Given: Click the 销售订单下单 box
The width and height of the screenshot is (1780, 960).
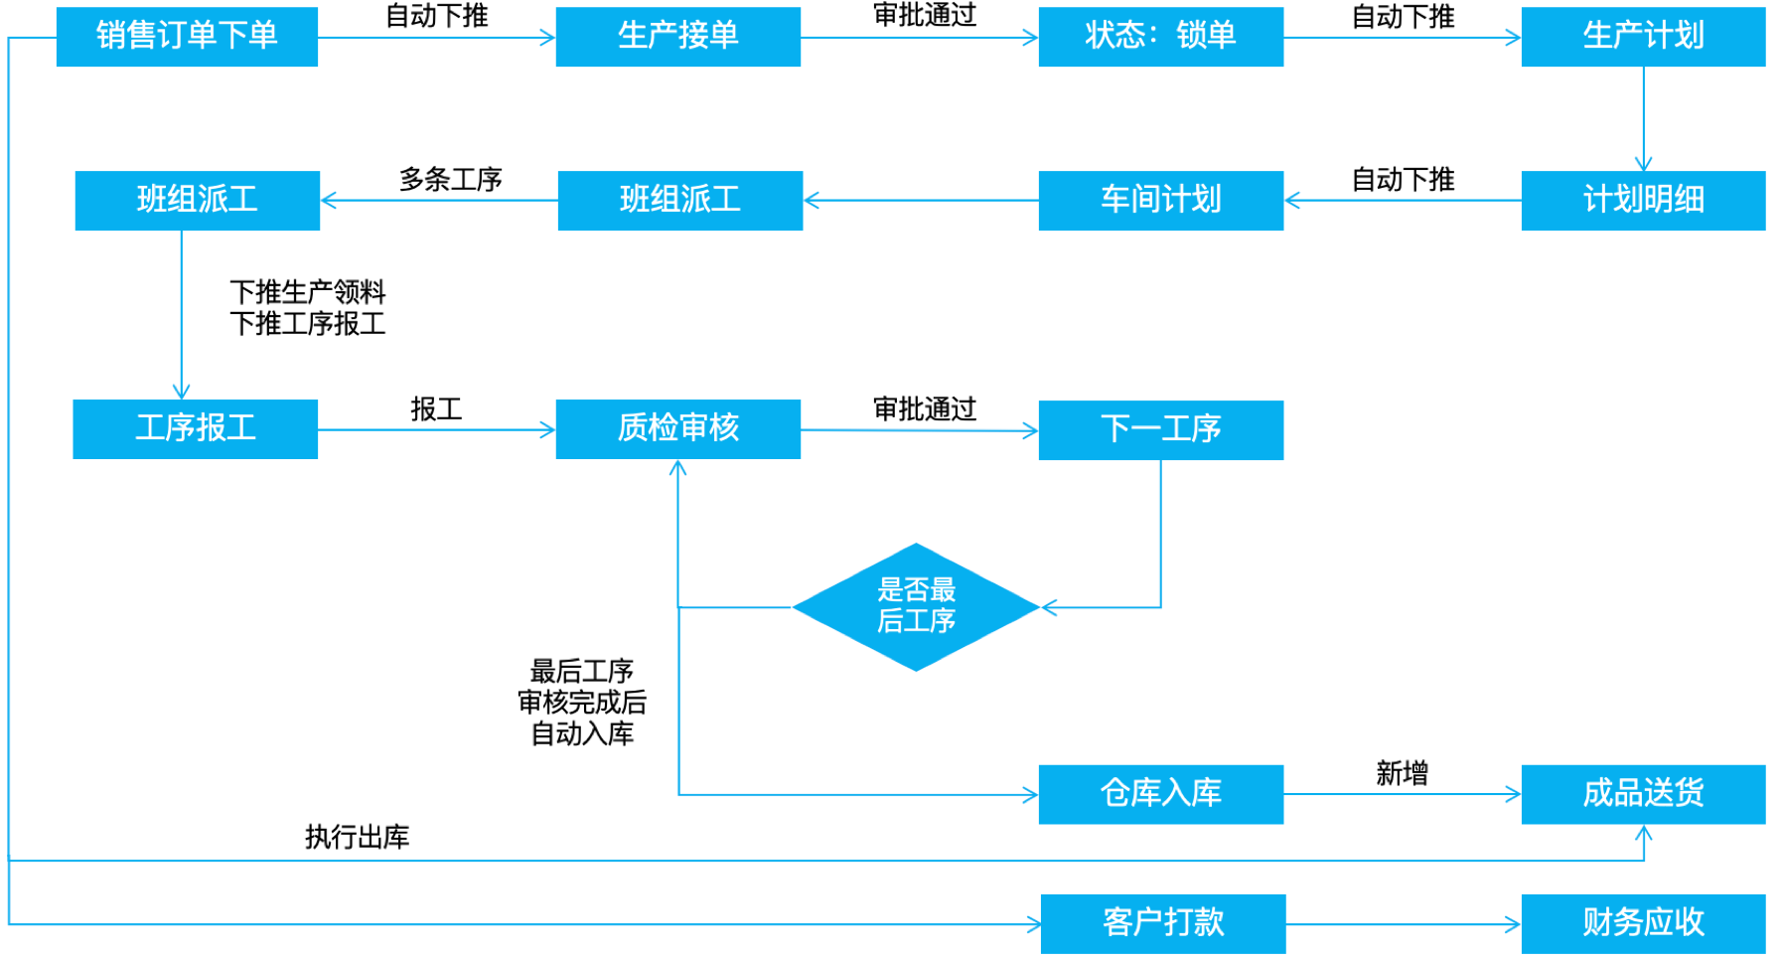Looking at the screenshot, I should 187,37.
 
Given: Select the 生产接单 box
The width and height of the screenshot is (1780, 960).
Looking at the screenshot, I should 677,37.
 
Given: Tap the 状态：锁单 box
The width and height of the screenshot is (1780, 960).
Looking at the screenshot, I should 1160,37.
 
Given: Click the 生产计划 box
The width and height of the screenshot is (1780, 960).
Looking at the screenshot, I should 1643,37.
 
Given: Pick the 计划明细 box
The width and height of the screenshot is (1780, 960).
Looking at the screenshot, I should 1643,200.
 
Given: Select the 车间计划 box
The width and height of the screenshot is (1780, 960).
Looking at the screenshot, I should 1160,200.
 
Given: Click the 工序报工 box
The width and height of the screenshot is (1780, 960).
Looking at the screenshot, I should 195,428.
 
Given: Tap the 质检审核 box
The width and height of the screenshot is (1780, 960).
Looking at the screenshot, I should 677,428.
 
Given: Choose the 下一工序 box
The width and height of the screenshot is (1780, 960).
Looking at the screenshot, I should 1160,429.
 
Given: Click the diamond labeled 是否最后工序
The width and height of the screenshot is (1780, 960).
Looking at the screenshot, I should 915,606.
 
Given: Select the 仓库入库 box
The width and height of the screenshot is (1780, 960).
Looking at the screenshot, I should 1160,793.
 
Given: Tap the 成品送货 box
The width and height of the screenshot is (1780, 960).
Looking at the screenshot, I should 1643,793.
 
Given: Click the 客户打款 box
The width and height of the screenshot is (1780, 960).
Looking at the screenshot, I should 1162,923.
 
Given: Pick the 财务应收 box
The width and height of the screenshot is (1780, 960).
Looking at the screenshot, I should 1643,923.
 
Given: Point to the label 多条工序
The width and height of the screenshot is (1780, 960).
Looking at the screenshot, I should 450,179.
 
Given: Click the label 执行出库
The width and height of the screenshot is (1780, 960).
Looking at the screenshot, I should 357,837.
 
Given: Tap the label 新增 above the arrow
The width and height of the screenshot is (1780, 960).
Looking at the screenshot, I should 1402,772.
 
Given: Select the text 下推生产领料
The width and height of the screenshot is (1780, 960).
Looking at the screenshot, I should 307,291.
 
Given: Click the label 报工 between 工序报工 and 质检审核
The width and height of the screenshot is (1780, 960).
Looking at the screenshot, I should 436,408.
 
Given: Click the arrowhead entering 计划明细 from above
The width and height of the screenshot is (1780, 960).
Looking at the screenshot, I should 1643,164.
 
